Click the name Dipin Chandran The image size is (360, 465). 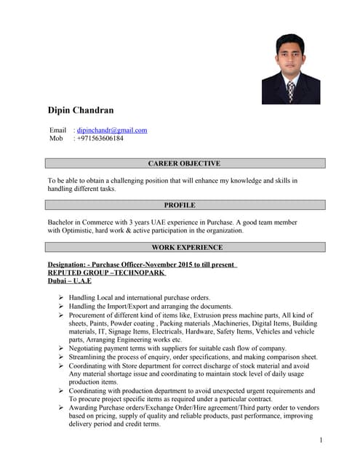pos(80,110)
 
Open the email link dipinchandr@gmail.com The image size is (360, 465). pos(112,130)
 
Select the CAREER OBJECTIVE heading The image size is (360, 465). pos(183,163)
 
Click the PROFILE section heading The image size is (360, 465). pos(183,205)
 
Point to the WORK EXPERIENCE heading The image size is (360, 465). pos(183,248)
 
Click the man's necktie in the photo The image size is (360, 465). pos(290,90)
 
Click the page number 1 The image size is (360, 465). pos(321,441)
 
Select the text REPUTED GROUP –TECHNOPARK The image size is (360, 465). pos(106,272)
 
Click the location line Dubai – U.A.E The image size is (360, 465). pos(69,280)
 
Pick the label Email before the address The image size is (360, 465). pos(57,130)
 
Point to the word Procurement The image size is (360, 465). pos(91,315)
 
